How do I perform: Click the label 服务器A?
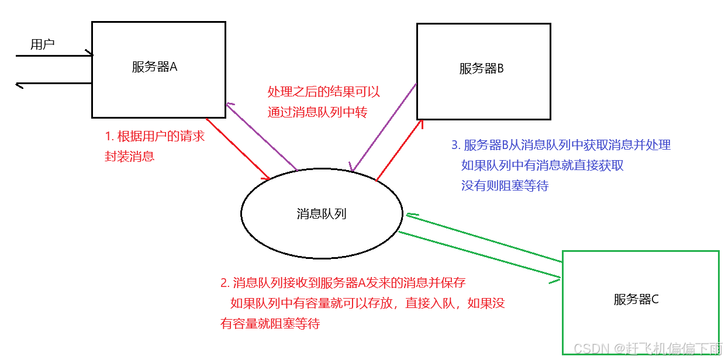pos(154,67)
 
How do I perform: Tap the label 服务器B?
pos(481,68)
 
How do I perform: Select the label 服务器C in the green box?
pos(636,300)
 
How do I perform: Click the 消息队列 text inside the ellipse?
pos(322,214)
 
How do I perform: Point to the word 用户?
pos(43,44)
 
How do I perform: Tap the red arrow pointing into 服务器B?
pos(399,148)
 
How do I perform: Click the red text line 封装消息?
pos(130,157)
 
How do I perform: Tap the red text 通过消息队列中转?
pos(317,112)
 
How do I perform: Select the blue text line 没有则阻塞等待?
pos(505,186)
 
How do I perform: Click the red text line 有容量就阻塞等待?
pos(270,323)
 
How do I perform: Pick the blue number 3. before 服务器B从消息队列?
pos(456,145)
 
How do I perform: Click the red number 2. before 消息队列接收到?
pos(225,283)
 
